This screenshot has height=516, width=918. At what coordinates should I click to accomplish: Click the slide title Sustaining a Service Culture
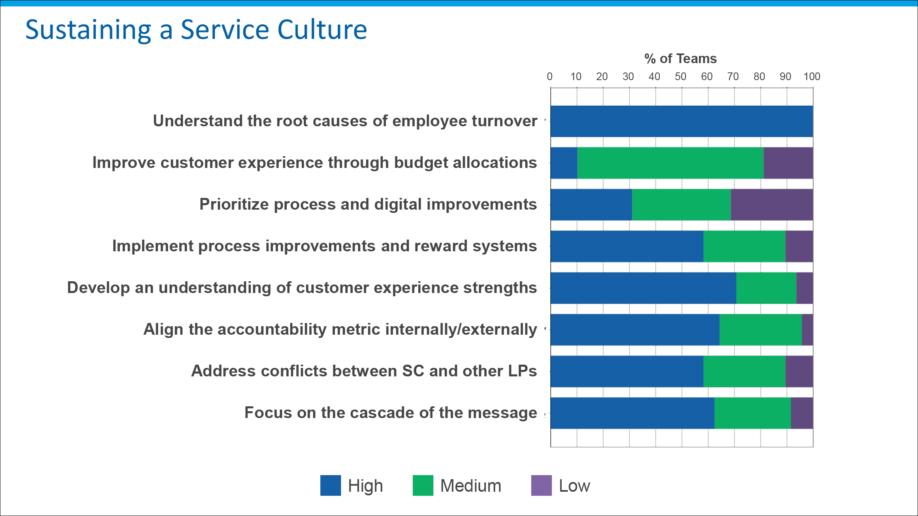pos(196,30)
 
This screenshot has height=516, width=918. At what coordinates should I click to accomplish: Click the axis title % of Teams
pos(680,59)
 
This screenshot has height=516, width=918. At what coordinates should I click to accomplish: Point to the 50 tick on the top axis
pos(680,76)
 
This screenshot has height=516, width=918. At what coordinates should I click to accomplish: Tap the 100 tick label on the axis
pos(812,76)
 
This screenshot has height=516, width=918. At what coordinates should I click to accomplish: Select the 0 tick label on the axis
pos(550,76)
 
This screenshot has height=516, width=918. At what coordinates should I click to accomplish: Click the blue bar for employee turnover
pos(682,121)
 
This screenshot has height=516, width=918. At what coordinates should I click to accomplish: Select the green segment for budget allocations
pos(670,163)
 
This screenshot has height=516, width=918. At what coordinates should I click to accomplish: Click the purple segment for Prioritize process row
pos(771,205)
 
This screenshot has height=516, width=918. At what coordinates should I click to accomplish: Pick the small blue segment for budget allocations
pos(564,163)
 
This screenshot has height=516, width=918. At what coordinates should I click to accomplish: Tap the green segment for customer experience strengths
pos(766,288)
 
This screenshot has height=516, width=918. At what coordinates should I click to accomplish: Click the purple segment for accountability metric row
pos(807,330)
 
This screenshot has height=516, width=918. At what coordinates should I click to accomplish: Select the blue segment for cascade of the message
pos(632,413)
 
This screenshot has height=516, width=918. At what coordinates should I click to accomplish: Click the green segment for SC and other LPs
pos(744,372)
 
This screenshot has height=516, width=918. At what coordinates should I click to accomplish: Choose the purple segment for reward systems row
pos(799,246)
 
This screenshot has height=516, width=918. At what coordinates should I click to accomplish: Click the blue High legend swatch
pos(330,485)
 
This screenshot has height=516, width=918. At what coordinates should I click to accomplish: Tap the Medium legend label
pos(471,486)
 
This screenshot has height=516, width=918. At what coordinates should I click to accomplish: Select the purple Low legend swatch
pos(541,485)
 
